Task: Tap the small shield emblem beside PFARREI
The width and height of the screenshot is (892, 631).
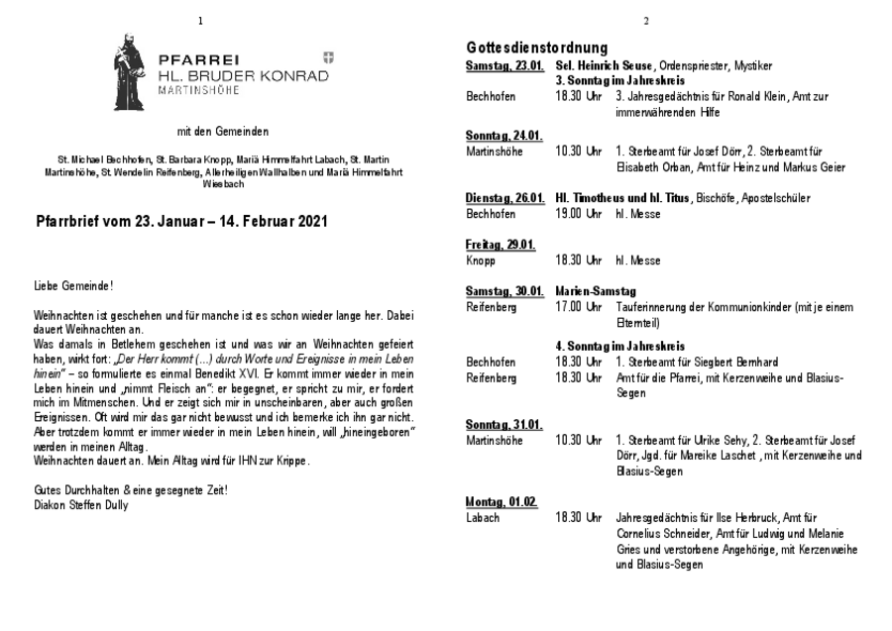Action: coord(328,58)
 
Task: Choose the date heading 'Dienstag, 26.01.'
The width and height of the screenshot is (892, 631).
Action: coord(505,198)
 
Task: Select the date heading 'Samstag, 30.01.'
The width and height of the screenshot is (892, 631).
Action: coord(504,291)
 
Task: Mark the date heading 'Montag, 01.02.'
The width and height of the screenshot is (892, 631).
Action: coord(502,501)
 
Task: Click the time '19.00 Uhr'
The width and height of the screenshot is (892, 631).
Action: coord(579,213)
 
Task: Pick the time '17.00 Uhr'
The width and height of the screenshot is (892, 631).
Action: coord(579,307)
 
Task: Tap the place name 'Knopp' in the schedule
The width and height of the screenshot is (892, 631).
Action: coord(480,261)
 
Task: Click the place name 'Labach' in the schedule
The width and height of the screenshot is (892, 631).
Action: coord(483,517)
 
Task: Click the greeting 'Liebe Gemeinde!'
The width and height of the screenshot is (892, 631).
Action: coord(73,285)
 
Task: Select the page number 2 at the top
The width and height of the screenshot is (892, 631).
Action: coord(646,21)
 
